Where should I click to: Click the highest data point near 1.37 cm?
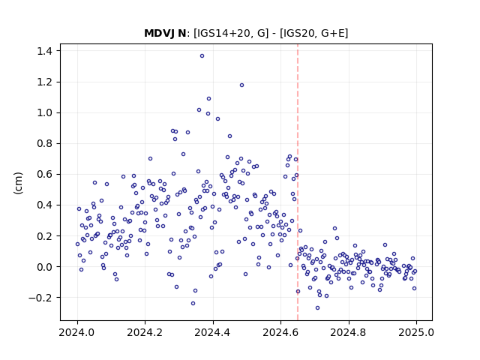202,56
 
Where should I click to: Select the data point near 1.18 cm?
241,85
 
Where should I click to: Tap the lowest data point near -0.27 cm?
317,308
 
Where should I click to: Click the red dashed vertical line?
298,182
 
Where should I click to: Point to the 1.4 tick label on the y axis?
44,51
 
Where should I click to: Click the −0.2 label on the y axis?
40,298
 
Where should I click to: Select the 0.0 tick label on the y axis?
44,267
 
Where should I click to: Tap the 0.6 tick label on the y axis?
44,175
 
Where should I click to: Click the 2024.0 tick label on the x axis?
77,332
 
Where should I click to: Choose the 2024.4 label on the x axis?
213,332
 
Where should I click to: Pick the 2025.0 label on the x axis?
416,332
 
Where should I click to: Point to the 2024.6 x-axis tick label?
280,332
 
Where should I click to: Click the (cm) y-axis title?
18,183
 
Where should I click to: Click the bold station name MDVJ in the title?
160,33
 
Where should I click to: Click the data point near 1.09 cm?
208,98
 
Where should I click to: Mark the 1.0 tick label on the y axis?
44,113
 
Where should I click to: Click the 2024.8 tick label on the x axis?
348,332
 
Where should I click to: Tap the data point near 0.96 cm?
217,118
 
